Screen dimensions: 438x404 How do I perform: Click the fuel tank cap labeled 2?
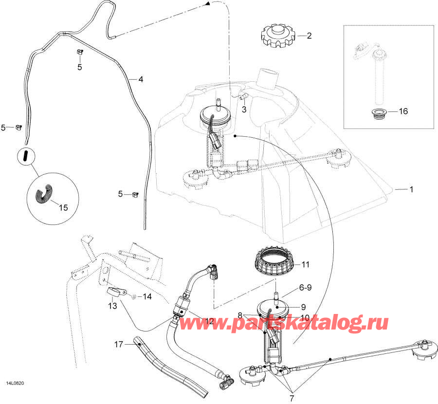coord(277,36)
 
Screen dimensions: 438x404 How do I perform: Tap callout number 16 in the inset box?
coord(403,111)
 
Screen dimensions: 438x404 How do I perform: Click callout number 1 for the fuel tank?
coord(411,189)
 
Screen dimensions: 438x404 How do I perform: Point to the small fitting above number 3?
coord(243,97)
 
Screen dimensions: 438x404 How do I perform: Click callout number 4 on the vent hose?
coord(141,79)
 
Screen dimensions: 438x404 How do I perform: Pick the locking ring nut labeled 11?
coord(275,261)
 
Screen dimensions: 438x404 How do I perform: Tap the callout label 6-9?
coord(305,288)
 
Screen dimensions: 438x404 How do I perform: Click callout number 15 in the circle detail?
coord(63,207)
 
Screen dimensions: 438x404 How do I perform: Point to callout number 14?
coord(147,296)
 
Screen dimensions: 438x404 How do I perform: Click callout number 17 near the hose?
coord(118,344)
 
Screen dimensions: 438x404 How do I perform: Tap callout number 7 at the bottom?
coord(292,398)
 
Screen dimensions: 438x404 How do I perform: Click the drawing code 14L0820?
coord(14,384)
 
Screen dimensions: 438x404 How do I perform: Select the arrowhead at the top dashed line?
coord(207,3)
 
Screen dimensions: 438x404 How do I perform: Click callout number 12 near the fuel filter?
coord(209,321)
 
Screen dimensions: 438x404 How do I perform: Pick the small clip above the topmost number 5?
coord(80,52)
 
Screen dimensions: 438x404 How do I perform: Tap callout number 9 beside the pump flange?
coord(303,307)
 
